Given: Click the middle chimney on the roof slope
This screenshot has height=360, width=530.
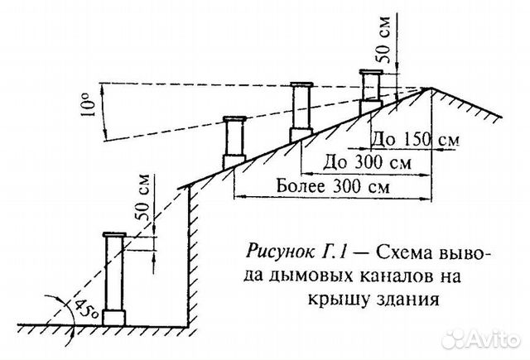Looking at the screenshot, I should (x=300, y=111).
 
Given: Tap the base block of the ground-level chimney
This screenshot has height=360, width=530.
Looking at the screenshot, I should (x=114, y=317).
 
